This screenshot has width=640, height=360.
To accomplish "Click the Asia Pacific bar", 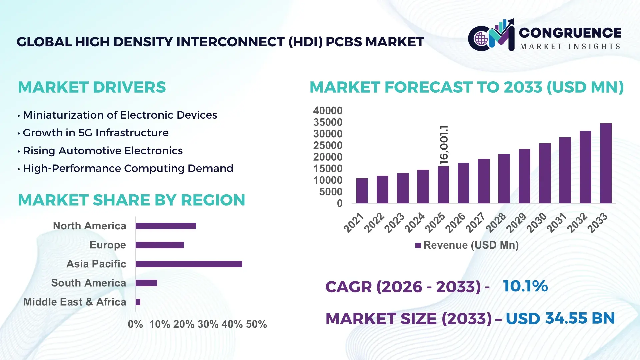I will [189, 264].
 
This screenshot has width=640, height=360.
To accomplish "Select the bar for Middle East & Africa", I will [138, 302].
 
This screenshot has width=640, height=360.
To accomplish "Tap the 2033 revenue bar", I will [606, 163].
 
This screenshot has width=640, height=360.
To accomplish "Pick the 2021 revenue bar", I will [362, 191].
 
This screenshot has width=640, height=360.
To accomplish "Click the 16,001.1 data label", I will [444, 145].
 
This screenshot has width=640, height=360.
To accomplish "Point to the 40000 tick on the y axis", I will [328, 111].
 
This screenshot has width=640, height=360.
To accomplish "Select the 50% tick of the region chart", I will [256, 324].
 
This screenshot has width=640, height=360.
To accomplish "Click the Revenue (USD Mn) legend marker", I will [418, 245].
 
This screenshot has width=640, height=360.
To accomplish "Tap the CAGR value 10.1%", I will [525, 286].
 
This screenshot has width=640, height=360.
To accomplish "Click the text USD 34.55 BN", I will [560, 318].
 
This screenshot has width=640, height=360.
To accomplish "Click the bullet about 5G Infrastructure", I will [95, 133].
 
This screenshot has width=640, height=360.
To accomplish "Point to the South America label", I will [88, 283].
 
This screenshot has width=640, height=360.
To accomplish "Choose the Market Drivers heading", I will [92, 87].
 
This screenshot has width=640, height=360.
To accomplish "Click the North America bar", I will [166, 226].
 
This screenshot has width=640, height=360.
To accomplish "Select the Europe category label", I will [108, 245].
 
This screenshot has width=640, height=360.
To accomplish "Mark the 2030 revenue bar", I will [545, 173].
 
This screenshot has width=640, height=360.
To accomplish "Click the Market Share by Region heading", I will [131, 200].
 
